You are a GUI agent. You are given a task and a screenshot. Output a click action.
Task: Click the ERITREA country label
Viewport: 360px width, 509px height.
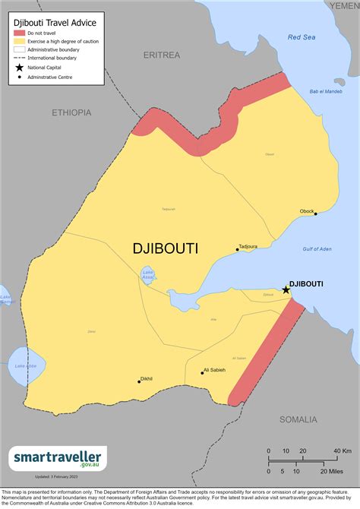click(x=162, y=55)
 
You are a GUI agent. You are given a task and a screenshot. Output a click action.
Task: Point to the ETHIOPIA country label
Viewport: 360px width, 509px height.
click(x=71, y=112)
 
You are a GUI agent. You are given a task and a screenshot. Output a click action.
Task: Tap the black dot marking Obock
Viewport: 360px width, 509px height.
click(x=316, y=213)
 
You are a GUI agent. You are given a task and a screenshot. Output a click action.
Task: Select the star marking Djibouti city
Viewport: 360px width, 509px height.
click(x=286, y=289)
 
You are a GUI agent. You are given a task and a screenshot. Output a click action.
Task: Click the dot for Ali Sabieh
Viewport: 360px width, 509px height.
click(x=203, y=372)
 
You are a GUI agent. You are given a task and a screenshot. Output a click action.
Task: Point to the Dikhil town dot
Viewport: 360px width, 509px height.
click(x=139, y=381)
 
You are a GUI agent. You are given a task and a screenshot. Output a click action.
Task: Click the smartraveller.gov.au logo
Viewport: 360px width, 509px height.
click(x=58, y=458)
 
